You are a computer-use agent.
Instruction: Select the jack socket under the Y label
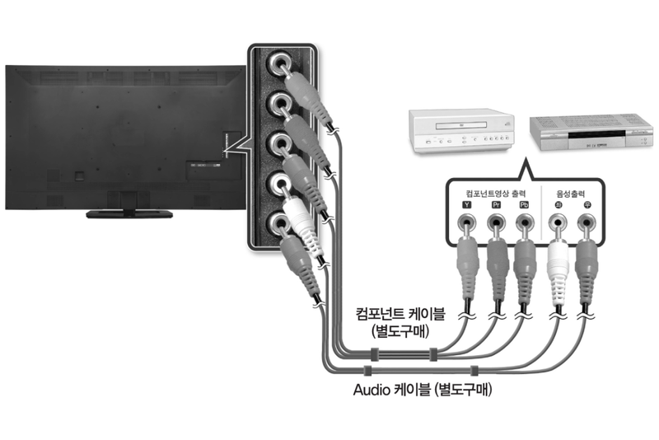click(x=467, y=222)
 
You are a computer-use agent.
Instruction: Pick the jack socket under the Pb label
click(x=525, y=222)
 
